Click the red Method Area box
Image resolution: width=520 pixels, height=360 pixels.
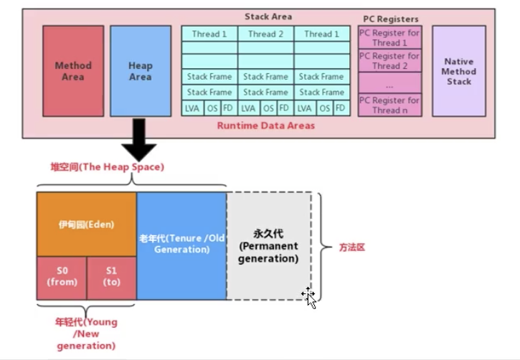click(x=73, y=71)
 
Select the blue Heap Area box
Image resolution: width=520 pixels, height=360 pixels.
click(x=141, y=71)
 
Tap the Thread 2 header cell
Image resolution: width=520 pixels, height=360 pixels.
click(x=265, y=34)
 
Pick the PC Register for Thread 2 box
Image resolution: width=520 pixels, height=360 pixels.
click(x=389, y=61)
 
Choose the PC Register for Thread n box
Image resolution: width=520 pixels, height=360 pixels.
click(x=389, y=105)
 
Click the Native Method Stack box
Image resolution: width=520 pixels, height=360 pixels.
click(x=459, y=71)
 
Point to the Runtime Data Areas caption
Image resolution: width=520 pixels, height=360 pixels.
click(x=266, y=125)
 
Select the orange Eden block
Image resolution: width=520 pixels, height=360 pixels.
click(x=87, y=224)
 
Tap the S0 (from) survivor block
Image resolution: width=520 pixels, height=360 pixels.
click(x=62, y=278)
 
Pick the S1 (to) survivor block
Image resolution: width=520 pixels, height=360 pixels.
click(x=111, y=278)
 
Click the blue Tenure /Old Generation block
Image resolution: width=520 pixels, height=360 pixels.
click(x=181, y=246)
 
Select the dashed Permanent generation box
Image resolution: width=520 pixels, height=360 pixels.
click(x=269, y=246)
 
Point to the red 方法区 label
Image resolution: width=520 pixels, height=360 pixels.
click(x=352, y=247)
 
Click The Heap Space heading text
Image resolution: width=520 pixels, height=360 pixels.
click(x=107, y=167)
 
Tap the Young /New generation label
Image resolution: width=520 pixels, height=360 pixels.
click(x=86, y=333)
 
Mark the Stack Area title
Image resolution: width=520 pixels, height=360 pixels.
click(x=268, y=16)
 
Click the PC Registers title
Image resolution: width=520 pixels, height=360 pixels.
click(x=391, y=19)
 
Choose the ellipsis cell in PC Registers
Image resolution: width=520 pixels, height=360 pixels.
click(x=389, y=83)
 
